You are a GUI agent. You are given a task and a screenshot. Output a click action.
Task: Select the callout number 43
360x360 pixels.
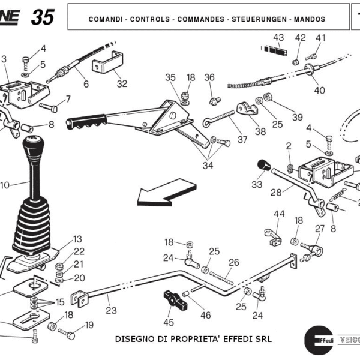click(x=278, y=38)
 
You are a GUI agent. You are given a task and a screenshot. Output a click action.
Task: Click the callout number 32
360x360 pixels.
click(x=122, y=84)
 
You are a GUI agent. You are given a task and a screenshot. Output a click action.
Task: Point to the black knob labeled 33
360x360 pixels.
click(x=262, y=165)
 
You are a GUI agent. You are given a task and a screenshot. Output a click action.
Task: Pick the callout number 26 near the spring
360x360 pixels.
click(x=233, y=262)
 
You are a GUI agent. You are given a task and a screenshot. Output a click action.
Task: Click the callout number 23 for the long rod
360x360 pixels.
click(x=112, y=311)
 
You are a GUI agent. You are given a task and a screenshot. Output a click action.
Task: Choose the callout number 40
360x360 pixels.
click(x=319, y=91)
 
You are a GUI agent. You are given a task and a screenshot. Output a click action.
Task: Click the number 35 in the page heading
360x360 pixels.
click(x=42, y=17)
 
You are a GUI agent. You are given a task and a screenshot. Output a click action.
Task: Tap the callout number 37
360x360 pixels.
click(x=242, y=139)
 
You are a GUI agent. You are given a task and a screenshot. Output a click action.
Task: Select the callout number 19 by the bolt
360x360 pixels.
click(x=89, y=325)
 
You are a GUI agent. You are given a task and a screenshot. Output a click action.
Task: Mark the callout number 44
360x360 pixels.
click(x=279, y=214)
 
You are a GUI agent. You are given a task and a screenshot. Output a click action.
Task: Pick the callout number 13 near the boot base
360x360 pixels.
click(x=78, y=239)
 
